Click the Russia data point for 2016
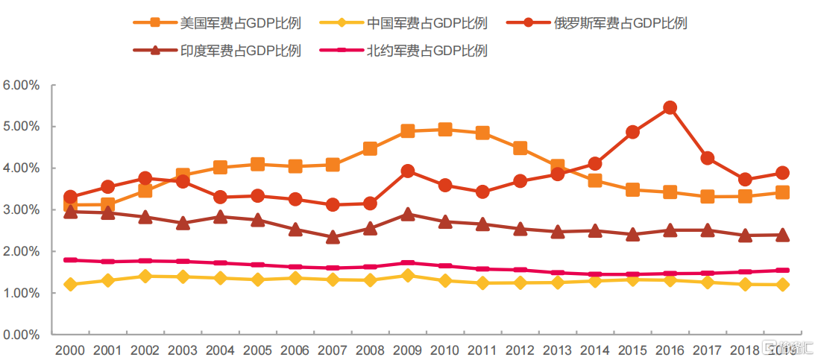(x=670, y=108)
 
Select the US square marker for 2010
(x=445, y=130)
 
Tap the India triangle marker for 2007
(x=333, y=237)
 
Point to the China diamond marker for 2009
(x=407, y=276)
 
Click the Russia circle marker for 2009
(x=407, y=171)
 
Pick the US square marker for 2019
(x=782, y=192)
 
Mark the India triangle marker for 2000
(x=71, y=212)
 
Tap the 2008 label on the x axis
(x=370, y=350)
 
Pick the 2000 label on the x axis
(x=70, y=350)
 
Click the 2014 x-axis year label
(x=594, y=350)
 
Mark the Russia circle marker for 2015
(x=632, y=132)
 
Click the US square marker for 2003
(x=183, y=176)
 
